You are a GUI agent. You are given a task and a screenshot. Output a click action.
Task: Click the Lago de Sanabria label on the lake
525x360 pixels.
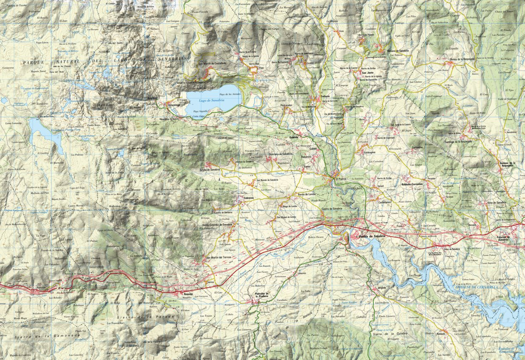tap(208, 100)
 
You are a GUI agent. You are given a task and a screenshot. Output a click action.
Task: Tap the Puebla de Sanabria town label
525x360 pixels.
tap(371, 236)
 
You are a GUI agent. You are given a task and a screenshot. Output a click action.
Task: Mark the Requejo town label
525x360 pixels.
tap(188, 294)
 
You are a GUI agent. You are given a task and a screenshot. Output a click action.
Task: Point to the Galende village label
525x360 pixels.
tap(294, 137)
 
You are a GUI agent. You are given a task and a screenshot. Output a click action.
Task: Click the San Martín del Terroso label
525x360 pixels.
tap(218, 257)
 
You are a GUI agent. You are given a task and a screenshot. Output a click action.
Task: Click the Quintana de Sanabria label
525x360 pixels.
tap(280, 154)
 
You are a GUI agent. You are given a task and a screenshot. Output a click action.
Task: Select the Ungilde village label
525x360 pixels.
tap(382, 288)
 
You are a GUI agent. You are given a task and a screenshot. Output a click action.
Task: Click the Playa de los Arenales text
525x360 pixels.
tap(229, 94)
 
